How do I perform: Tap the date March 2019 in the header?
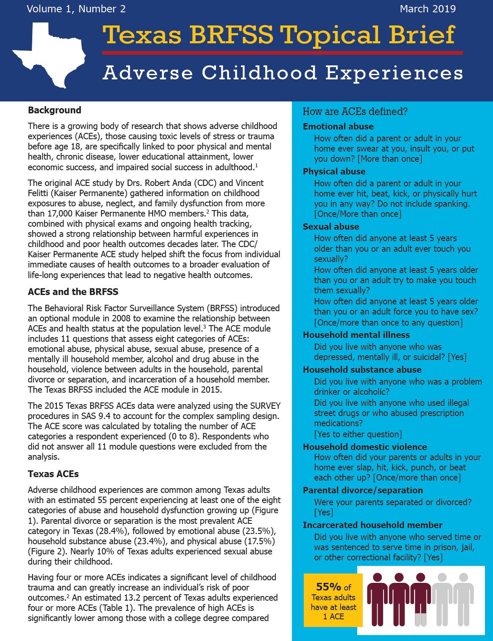pyautogui.click(x=427, y=9)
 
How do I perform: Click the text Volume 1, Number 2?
pyautogui.click(x=76, y=9)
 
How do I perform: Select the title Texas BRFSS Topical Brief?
pyautogui.click(x=279, y=35)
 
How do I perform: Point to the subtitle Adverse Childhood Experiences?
pyautogui.click(x=283, y=73)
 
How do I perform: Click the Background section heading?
pyautogui.click(x=54, y=110)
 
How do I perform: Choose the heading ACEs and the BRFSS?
pyautogui.click(x=73, y=292)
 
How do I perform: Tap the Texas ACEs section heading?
pyautogui.click(x=53, y=474)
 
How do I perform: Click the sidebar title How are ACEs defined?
pyautogui.click(x=355, y=112)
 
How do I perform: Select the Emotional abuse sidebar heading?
pyautogui.click(x=338, y=127)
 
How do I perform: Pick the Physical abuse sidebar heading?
pyautogui.click(x=334, y=171)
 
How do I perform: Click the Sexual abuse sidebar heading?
pyautogui.click(x=331, y=227)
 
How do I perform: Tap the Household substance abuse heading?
pyautogui.click(x=362, y=370)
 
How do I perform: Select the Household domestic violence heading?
pyautogui.click(x=365, y=447)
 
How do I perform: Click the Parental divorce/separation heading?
pyautogui.click(x=363, y=490)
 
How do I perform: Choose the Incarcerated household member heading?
pyautogui.click(x=373, y=525)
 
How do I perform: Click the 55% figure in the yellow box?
pyautogui.click(x=328, y=587)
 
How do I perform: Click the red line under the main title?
pyautogui.click(x=282, y=53)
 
